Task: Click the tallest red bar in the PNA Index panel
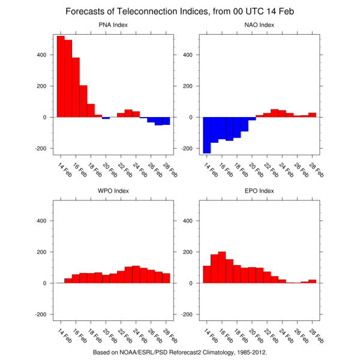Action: point(61,77)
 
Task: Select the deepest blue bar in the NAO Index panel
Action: point(207,135)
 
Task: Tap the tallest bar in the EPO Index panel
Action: point(222,267)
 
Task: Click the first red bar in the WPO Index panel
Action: point(68,281)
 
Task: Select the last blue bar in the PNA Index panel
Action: point(166,121)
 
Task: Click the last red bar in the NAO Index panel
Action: point(312,115)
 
